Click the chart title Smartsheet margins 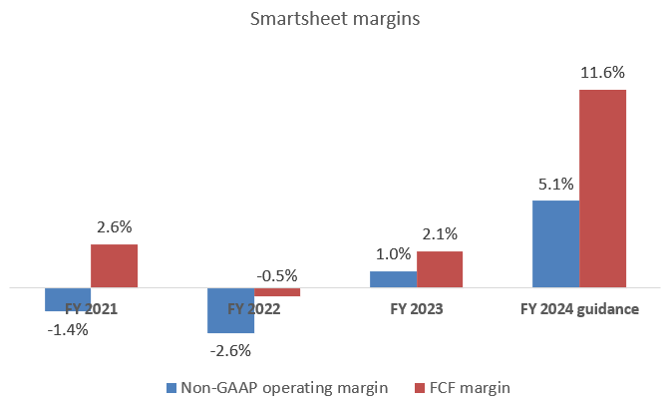[336, 19]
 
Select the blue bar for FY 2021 [68, 299]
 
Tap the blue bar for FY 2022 [230, 310]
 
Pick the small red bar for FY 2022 [276, 292]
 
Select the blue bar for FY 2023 [393, 279]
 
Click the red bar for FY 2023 [440, 269]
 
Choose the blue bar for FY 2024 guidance [555, 244]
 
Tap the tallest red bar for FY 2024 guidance [602, 189]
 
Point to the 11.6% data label [602, 73]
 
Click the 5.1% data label [555, 184]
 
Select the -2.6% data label [230, 350]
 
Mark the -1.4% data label [68, 328]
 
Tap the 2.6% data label [114, 227]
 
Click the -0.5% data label [276, 276]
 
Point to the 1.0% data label [393, 254]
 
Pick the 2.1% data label [440, 234]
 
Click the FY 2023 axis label [416, 309]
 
